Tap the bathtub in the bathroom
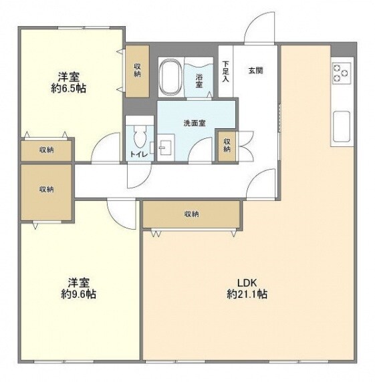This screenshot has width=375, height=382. pos(170,77)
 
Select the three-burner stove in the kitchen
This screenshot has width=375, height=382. pos(342,73)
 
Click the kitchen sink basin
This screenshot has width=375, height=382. pos(342,126)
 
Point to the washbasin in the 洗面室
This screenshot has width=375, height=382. pos(166,148)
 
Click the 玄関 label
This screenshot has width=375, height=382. pos(255,71)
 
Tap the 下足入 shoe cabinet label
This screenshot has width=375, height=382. pos(225,71)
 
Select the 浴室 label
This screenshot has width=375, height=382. pos(199,81)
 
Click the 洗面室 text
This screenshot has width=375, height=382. pos(195,124)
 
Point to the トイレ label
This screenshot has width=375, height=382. pos(139,154)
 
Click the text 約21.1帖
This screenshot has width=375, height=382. pos(247,295)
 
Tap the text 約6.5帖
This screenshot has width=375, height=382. pos(68,88)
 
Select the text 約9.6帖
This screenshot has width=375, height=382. pos(78,295)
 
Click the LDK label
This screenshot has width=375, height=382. pos(247,283)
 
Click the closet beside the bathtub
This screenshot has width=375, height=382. pos(137,71)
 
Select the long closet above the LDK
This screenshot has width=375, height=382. pos(192,214)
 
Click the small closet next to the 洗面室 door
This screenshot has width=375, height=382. pos(227,146)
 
